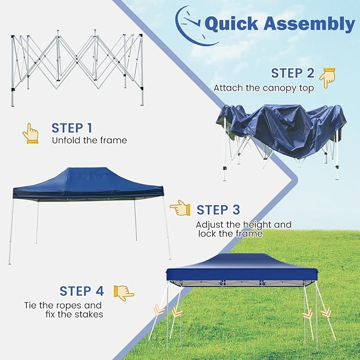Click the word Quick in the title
point(231,24)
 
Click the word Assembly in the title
point(309,24)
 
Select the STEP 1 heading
point(72,128)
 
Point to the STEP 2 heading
point(293,73)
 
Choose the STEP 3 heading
point(218,210)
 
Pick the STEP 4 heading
point(82,291)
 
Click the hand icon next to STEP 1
point(31,134)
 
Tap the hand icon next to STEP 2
point(327,78)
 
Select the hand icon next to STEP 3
point(180,208)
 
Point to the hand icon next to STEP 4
point(124,293)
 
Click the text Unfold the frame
point(89,140)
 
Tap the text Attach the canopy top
point(264,88)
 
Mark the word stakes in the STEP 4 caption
point(89,314)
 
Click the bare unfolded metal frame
point(77,68)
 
